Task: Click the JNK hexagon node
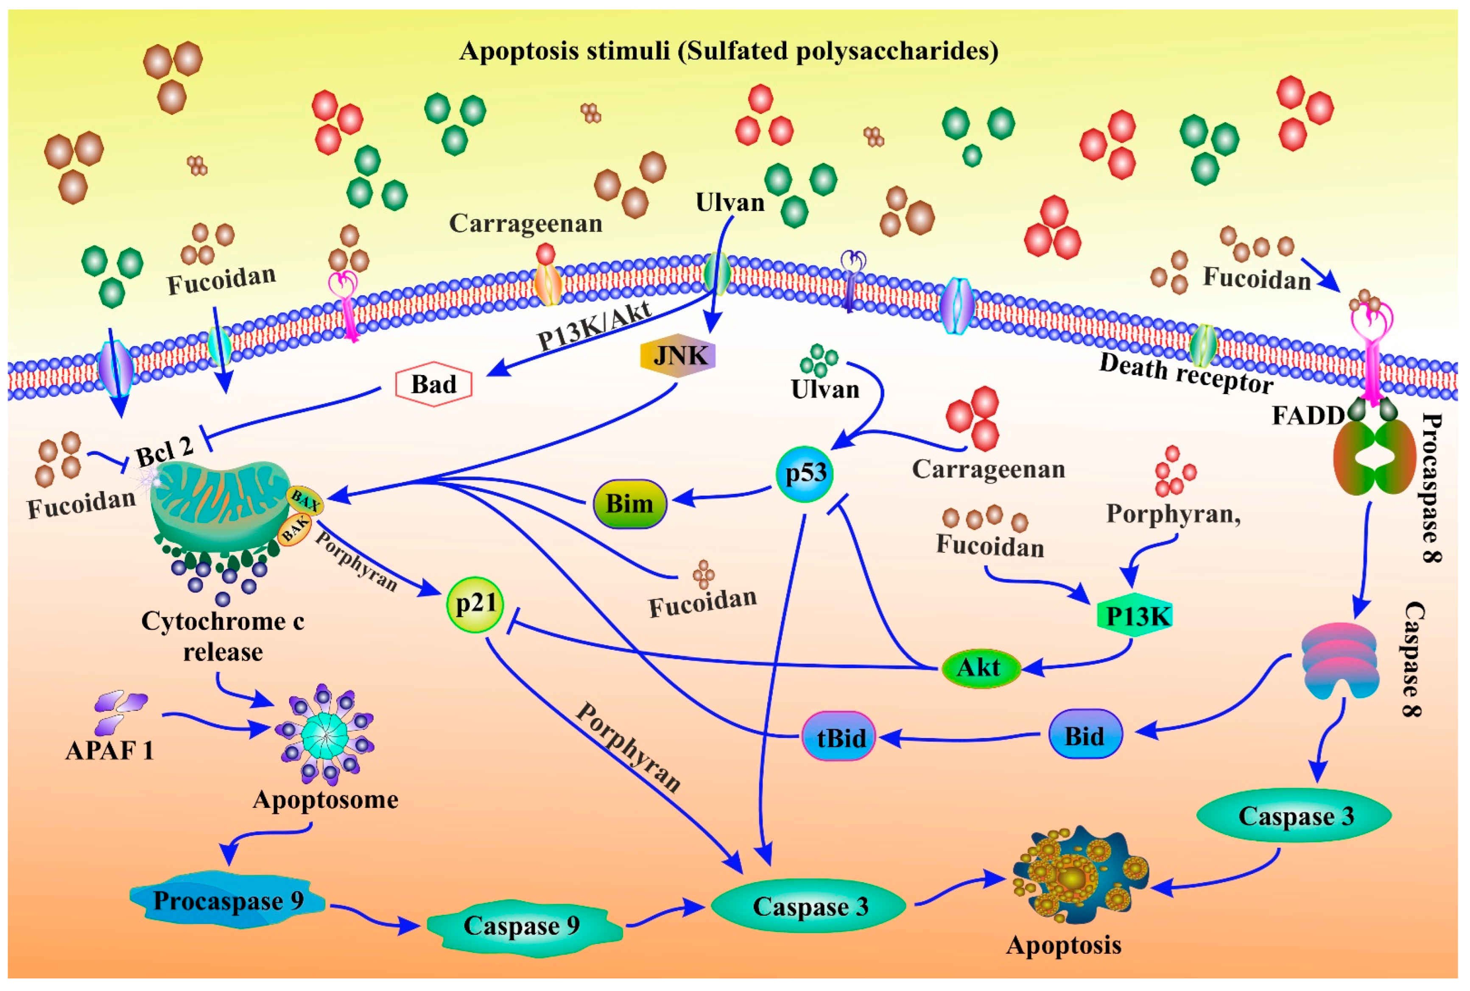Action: (x=677, y=356)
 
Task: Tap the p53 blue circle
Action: (x=805, y=473)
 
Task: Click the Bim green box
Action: (x=630, y=504)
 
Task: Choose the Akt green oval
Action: (x=981, y=668)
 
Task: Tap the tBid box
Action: (x=838, y=738)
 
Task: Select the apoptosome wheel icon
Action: (x=324, y=734)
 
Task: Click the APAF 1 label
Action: (x=109, y=750)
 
